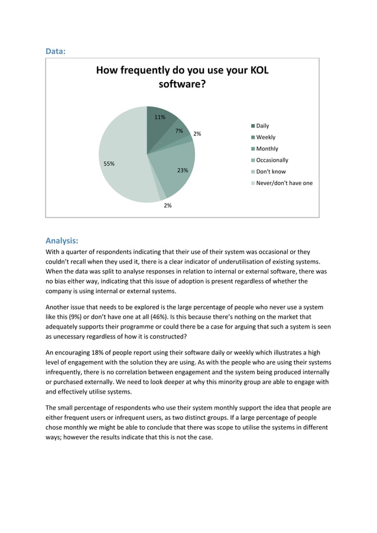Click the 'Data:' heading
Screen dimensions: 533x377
(x=56, y=51)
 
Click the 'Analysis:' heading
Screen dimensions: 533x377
(x=62, y=240)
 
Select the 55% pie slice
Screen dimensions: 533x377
(x=121, y=157)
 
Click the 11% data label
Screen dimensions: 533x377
(x=160, y=117)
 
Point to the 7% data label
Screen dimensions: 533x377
(x=179, y=131)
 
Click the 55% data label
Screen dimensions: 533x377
(x=109, y=164)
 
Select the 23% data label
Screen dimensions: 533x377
(x=183, y=170)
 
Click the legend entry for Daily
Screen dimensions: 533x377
(x=262, y=126)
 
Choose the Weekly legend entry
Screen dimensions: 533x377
(x=265, y=137)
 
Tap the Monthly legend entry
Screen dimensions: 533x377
(x=266, y=149)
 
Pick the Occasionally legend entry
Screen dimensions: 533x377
(x=272, y=160)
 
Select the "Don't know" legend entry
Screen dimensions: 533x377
(x=271, y=171)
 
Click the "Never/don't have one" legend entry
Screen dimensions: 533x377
(x=284, y=183)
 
